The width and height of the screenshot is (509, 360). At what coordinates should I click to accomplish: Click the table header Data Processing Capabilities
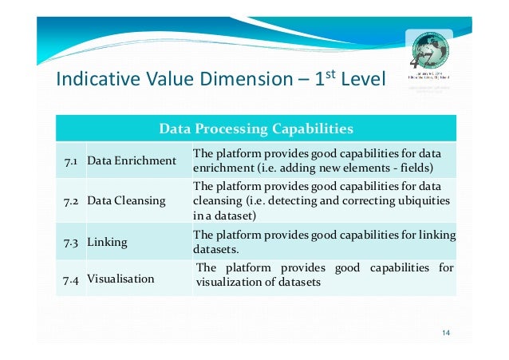tap(255, 129)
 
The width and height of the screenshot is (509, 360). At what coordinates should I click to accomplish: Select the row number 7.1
tap(70, 161)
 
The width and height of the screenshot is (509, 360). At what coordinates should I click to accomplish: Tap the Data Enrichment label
tap(131, 161)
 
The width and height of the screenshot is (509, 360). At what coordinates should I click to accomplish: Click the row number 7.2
tap(70, 201)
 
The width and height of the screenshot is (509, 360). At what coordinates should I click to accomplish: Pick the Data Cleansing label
tap(126, 201)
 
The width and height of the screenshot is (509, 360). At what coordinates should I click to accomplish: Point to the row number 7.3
tap(70, 241)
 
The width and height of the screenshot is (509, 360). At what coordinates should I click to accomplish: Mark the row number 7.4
tap(70, 280)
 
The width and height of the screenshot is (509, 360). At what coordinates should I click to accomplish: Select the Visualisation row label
tap(121, 280)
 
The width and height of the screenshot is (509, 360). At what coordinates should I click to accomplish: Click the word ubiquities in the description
tap(420, 200)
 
